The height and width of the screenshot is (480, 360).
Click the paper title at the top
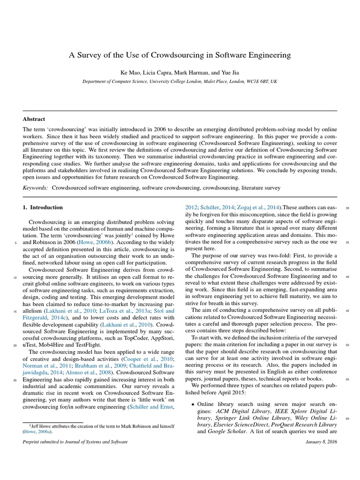[180, 55]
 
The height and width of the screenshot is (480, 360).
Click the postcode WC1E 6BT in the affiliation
[254, 81]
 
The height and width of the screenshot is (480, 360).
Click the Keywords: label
[36, 187]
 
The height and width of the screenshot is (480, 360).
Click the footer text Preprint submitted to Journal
[75, 442]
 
